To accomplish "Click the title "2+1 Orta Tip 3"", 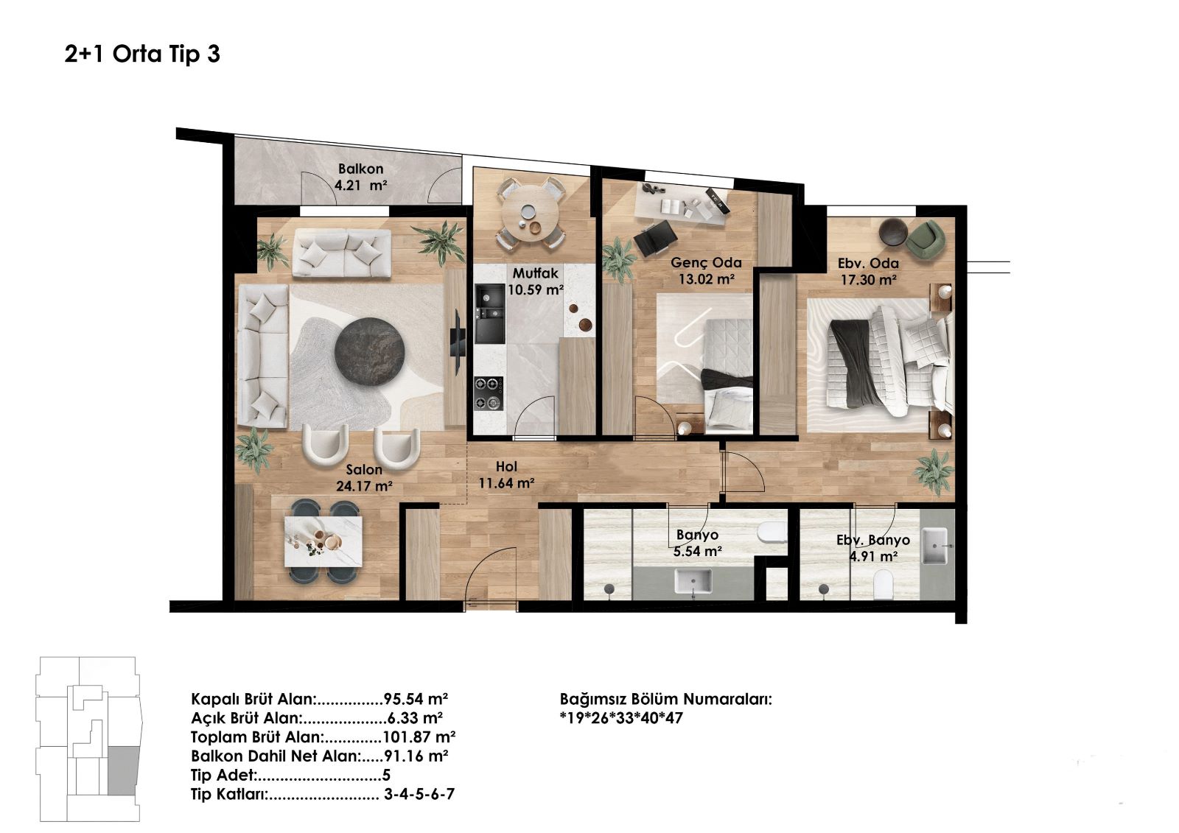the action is click(142, 55).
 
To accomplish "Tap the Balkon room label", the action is click(360, 169).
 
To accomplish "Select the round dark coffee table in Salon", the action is click(370, 351).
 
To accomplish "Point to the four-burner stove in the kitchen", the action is click(489, 393).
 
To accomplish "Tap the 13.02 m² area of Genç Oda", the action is click(707, 279).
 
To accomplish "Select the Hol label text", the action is click(506, 467).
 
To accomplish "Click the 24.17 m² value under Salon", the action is click(364, 486).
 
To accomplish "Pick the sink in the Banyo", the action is click(693, 581).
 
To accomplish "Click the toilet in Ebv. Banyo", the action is click(884, 585).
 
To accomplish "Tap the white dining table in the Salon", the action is click(323, 541).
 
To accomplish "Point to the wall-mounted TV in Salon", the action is click(456, 342).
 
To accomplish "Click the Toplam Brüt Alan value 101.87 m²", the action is click(419, 737).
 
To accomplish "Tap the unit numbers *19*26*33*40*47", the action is click(621, 718).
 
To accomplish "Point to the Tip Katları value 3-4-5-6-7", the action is click(419, 794).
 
